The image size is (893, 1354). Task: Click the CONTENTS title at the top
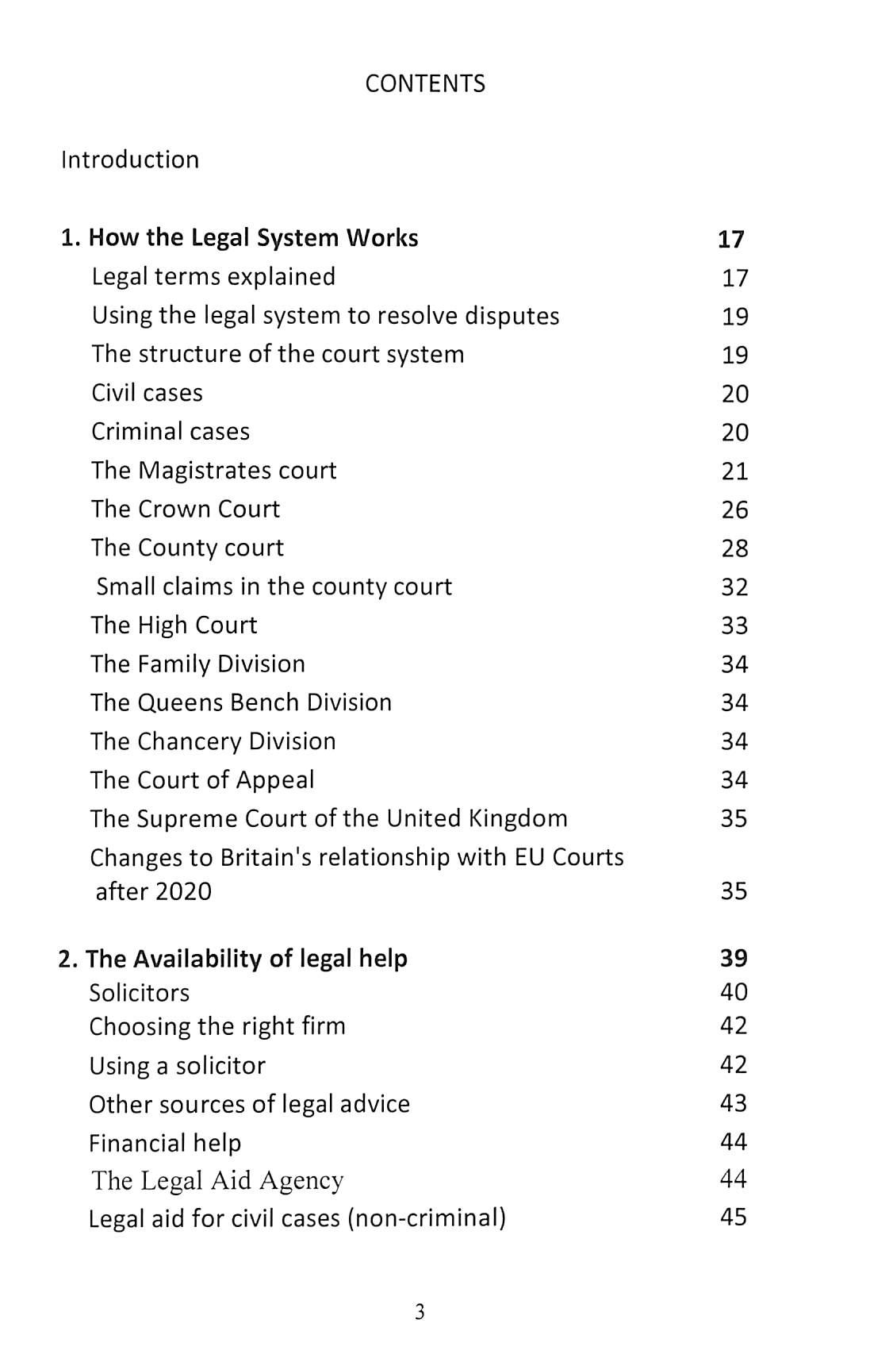(x=425, y=84)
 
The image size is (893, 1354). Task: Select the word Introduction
(x=130, y=160)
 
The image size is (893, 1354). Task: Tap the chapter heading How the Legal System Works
(x=252, y=238)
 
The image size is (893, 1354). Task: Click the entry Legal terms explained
(x=213, y=277)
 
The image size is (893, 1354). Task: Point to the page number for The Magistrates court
(x=734, y=471)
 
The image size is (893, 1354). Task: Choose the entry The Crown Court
(x=185, y=510)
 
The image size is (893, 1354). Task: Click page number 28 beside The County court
(x=734, y=548)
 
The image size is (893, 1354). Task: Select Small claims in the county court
(x=274, y=587)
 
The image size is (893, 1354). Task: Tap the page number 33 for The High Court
(x=734, y=626)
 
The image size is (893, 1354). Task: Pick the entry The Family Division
(x=197, y=664)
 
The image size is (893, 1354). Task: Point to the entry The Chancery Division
(x=213, y=742)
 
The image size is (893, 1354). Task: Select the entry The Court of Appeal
(x=202, y=780)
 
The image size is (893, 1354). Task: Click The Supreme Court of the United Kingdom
(x=328, y=819)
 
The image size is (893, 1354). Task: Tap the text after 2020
(x=153, y=892)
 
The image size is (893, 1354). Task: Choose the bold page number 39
(x=734, y=959)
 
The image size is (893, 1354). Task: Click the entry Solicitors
(x=140, y=993)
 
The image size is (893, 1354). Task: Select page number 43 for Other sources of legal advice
(x=734, y=1103)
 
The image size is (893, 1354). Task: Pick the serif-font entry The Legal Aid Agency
(x=217, y=1181)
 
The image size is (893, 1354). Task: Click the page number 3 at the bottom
(x=420, y=1312)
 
